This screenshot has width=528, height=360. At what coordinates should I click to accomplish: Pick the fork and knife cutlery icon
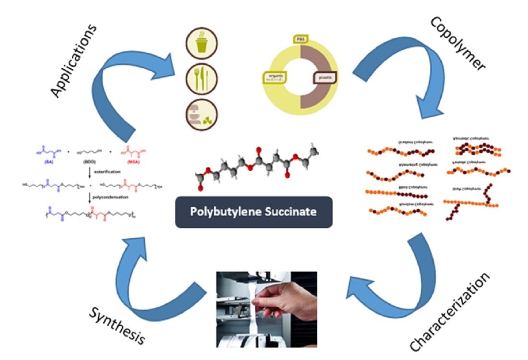point(202,79)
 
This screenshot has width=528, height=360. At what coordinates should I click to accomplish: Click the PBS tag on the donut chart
point(300,38)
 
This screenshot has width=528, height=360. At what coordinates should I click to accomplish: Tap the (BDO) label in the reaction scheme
point(90,162)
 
